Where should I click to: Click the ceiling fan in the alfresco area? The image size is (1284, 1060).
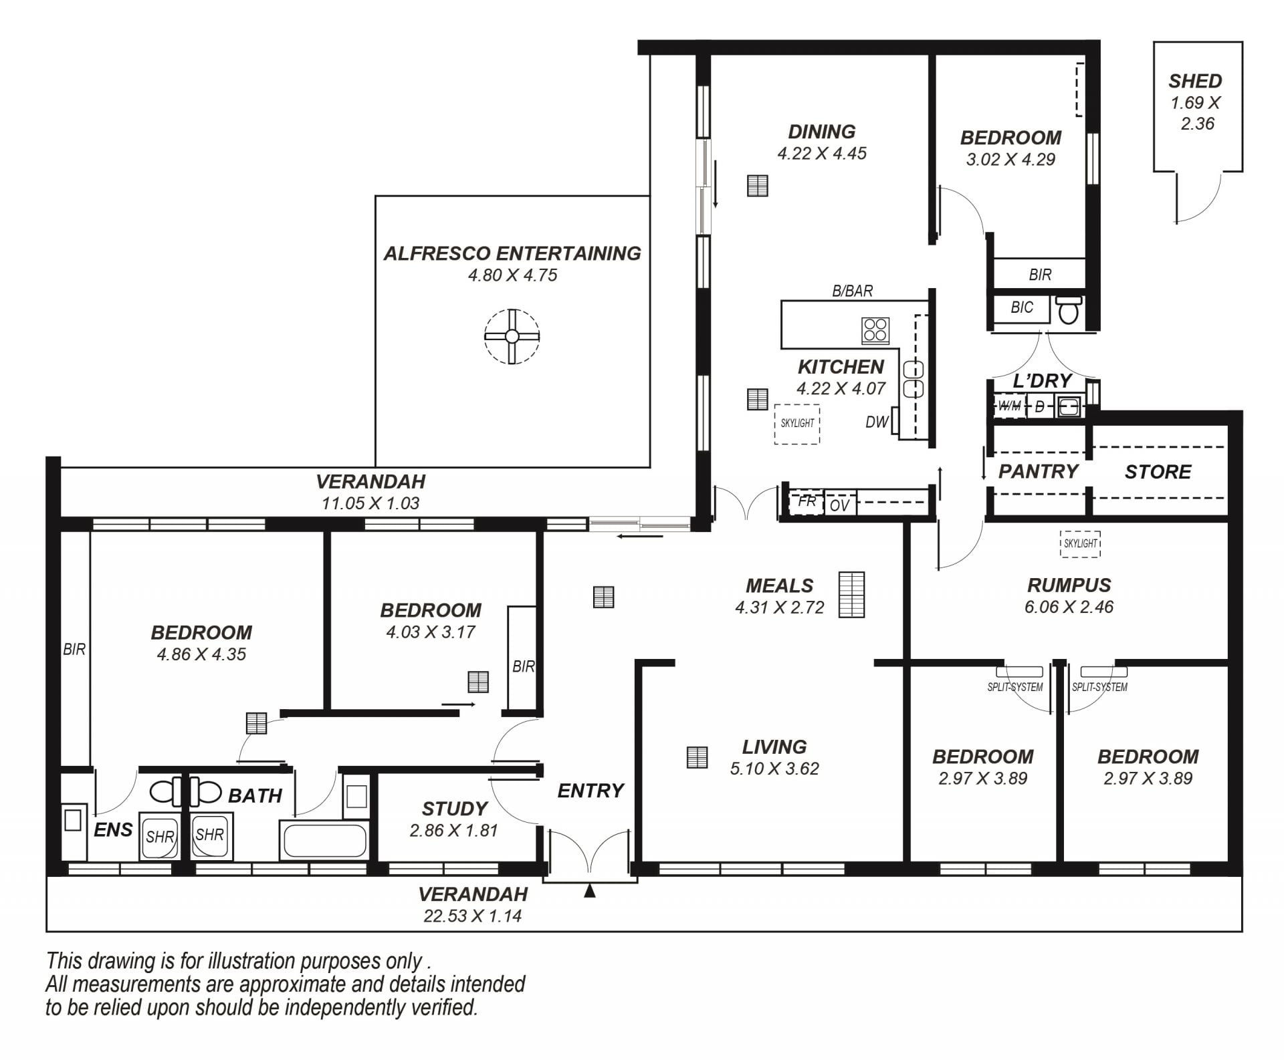coord(512,336)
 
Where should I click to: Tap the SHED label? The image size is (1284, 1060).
coord(1195,82)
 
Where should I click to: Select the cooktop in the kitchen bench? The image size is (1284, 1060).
coord(875,329)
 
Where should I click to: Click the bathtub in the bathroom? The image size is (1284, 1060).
coord(324,840)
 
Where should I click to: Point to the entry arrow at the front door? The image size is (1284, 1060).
coord(589,890)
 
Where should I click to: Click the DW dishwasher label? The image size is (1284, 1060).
coord(877,422)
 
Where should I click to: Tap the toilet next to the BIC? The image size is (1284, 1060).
coord(1068,310)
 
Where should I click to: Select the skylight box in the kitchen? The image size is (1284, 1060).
coord(797,423)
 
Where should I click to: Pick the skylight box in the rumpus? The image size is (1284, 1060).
coord(1081,543)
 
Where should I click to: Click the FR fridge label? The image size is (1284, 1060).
coord(807,501)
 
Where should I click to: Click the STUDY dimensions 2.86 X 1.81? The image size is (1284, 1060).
coord(453,830)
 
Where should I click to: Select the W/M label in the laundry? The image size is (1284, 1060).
coord(1009,406)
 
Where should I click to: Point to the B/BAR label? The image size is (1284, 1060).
coord(852,291)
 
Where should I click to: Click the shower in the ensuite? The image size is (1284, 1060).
coord(159,836)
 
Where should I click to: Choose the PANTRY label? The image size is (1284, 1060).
coord(1038,472)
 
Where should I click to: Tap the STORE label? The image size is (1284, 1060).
coord(1158,473)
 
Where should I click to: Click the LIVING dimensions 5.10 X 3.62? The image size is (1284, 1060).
coord(774,769)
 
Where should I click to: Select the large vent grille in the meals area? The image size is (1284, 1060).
coord(851,595)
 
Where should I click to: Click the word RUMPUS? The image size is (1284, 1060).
coord(1069,585)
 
